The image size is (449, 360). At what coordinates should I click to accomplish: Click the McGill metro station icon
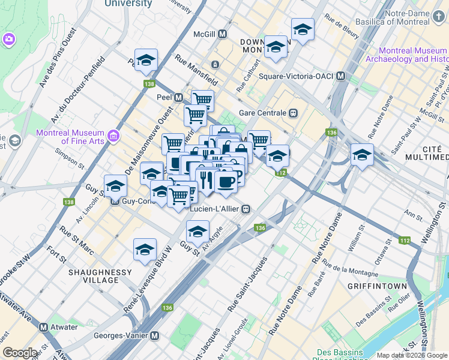223,34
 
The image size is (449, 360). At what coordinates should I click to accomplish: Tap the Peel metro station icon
178,98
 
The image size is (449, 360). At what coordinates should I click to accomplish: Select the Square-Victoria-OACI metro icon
340,76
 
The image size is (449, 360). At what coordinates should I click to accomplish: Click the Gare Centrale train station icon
294,112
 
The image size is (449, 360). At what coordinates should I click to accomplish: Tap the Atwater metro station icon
43,328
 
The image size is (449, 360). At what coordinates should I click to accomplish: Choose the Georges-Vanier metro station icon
154,336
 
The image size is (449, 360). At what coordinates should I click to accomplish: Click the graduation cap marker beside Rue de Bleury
303,29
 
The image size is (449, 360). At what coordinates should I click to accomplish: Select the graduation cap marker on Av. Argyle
197,232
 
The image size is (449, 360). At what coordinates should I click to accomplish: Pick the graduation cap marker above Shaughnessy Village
145,250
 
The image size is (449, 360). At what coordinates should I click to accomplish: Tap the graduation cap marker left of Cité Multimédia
362,155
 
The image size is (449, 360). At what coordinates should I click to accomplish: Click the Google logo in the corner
20,353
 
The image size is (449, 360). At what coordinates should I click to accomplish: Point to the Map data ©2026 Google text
412,355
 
